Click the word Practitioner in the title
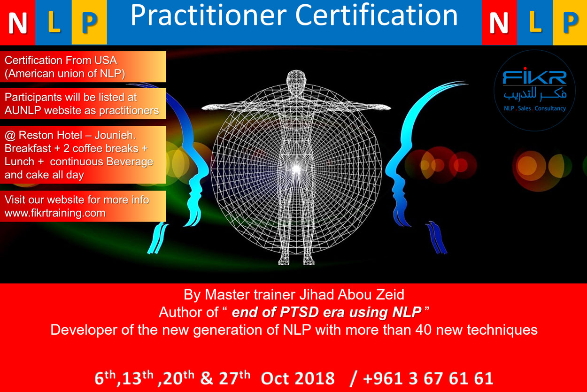[x=209, y=15]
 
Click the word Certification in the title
[x=376, y=15]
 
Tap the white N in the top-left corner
[x=17, y=23]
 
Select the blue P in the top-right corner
[x=571, y=23]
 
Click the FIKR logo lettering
[x=534, y=77]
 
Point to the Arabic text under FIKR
[x=534, y=94]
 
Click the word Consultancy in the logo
[x=550, y=108]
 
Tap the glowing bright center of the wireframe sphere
[x=296, y=169]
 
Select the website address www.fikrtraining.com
[x=55, y=213]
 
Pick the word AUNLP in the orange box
[x=23, y=110]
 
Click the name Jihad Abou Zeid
[x=352, y=294]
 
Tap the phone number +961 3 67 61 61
[x=428, y=378]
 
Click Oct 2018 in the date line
[x=298, y=378]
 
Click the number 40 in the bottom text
[x=423, y=330]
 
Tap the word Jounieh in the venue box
[x=115, y=135]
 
